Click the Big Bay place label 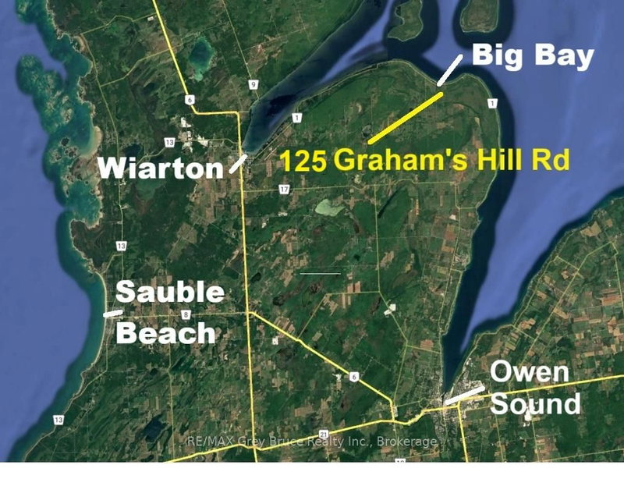pos(532,56)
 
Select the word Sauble pos(170,294)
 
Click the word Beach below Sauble pos(165,333)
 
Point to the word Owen pos(530,373)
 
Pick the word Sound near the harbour pos(536,403)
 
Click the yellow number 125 pos(303,161)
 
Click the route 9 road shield pos(253,84)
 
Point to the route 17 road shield pos(284,190)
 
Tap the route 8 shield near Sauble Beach pos(186,314)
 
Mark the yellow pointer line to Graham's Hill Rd pos(406,117)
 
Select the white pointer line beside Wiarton pos(239,163)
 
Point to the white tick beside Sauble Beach pos(113,313)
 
